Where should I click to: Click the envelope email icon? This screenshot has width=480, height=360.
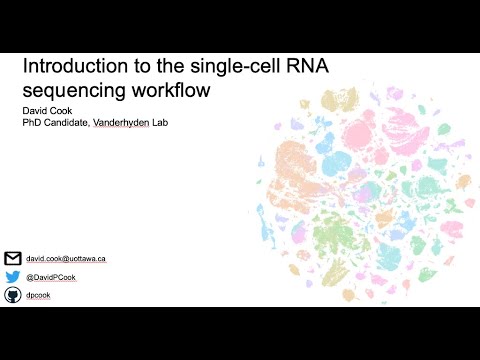click(x=13, y=258)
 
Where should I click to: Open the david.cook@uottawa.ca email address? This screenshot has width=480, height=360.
click(x=66, y=258)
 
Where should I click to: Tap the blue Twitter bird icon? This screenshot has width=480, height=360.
click(x=13, y=277)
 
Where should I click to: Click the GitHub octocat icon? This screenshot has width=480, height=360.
click(x=13, y=295)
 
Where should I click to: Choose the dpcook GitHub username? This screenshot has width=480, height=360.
click(x=39, y=295)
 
